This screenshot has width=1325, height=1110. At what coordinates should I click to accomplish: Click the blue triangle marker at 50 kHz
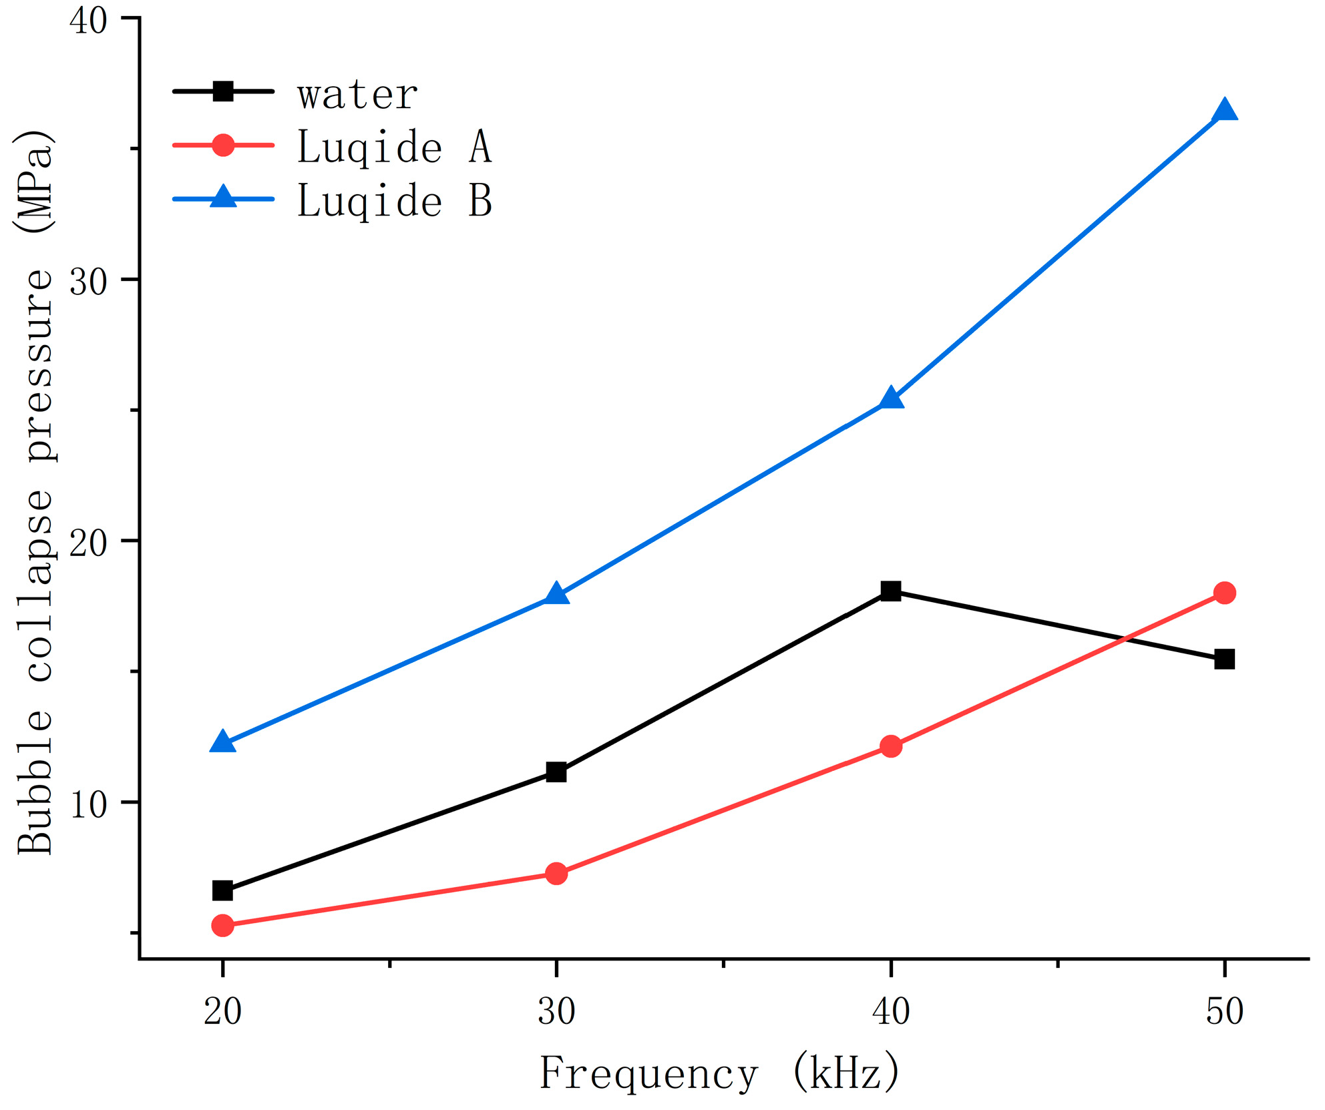click(x=1224, y=111)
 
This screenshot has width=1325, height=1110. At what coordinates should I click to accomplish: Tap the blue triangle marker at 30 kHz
click(x=556, y=594)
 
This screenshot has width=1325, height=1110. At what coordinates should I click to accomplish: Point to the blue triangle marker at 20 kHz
click(x=222, y=742)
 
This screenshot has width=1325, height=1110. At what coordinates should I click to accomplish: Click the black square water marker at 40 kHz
click(x=890, y=591)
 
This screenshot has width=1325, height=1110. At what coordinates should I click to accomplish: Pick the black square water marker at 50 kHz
click(x=1224, y=659)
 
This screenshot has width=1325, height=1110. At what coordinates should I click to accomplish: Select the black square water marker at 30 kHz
click(x=556, y=772)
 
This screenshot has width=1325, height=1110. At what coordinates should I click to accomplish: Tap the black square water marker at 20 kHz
click(x=222, y=890)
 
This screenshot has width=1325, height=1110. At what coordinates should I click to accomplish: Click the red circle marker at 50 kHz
click(x=1224, y=593)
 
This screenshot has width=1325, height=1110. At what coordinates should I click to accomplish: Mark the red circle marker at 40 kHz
click(x=890, y=746)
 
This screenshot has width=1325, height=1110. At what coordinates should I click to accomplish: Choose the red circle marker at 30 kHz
click(x=556, y=873)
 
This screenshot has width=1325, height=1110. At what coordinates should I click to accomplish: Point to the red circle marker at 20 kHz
click(x=222, y=925)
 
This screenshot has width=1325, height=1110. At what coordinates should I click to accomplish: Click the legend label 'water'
click(x=358, y=95)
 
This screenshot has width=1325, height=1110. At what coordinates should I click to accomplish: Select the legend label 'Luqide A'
click(x=394, y=147)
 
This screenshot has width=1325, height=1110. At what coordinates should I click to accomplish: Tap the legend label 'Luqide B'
click(x=394, y=200)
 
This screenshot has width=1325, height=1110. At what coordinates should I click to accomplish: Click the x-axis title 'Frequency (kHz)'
click(x=719, y=1073)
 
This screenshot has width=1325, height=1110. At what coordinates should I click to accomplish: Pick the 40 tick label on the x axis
click(x=890, y=1011)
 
